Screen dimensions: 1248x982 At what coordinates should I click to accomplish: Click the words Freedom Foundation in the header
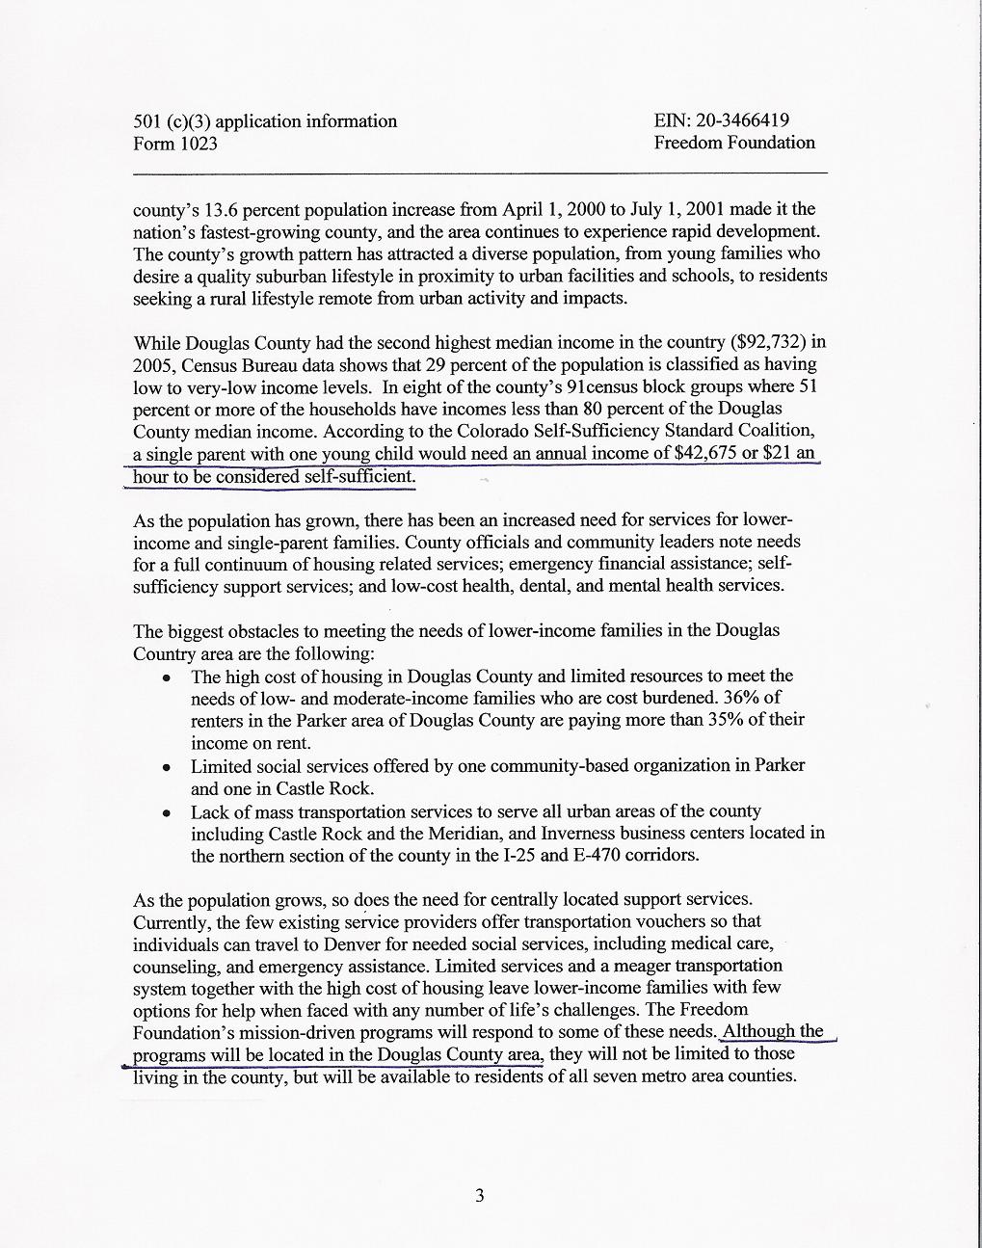click(734, 143)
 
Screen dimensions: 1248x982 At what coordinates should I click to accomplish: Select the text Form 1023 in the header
click(175, 144)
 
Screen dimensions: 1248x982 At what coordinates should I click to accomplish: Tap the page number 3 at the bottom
click(480, 1196)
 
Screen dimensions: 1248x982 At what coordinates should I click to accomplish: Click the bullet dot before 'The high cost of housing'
click(168, 677)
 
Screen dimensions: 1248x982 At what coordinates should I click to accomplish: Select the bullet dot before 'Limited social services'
click(168, 767)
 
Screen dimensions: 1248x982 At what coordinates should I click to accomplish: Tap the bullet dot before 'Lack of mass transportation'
click(168, 812)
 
